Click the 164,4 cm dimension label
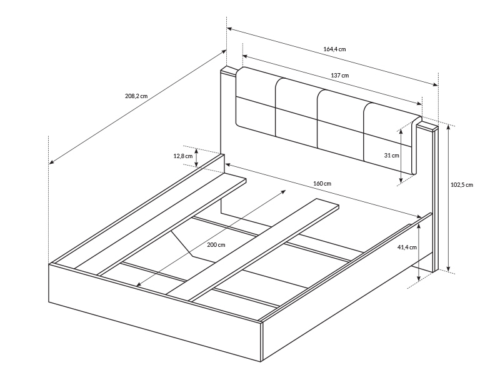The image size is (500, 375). (x=334, y=49)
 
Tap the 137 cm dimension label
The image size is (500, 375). (x=339, y=76)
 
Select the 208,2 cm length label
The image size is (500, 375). (x=136, y=96)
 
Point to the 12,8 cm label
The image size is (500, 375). (x=182, y=156)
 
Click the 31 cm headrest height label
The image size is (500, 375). (x=392, y=155)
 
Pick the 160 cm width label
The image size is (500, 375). (x=322, y=183)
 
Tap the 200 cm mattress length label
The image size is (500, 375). (x=216, y=244)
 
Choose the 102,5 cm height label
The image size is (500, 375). (x=462, y=184)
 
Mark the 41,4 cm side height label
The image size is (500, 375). (x=407, y=247)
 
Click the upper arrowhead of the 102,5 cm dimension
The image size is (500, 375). (x=448, y=126)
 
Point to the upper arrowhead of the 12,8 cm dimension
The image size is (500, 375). (x=196, y=151)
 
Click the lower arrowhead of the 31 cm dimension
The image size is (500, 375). (x=401, y=182)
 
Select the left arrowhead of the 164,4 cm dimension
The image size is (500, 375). (x=229, y=29)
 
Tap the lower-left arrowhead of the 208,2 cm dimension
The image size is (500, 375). (x=52, y=162)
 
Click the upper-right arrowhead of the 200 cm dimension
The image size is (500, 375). (x=283, y=191)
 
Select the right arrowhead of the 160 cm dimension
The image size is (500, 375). (x=419, y=217)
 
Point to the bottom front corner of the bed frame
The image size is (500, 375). (x=261, y=362)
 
